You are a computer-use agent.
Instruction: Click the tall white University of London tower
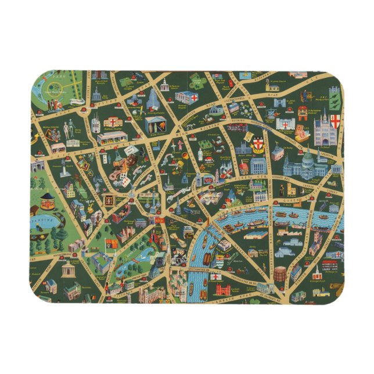click(x=153, y=99)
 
